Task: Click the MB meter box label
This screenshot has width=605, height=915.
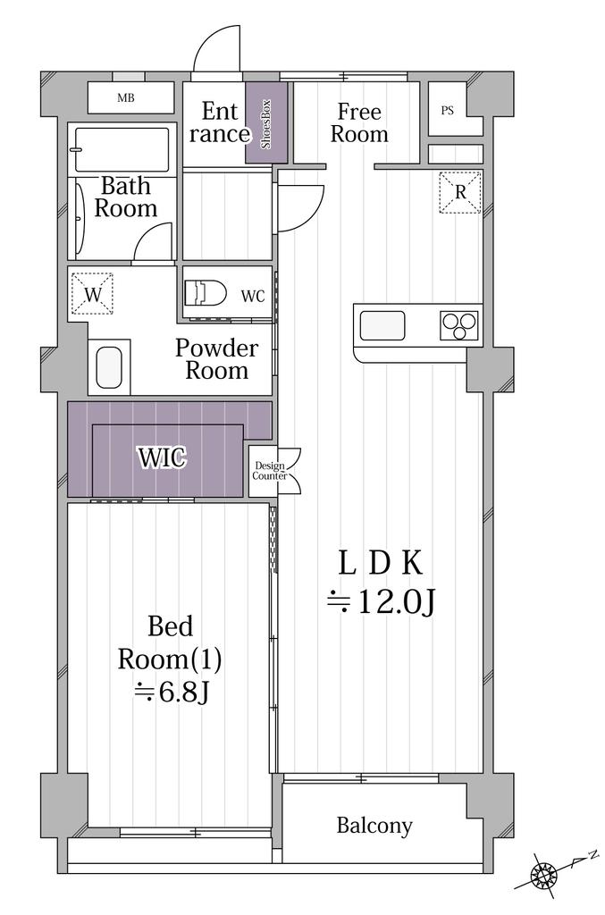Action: [125, 98]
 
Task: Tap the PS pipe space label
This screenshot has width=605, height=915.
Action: [448, 110]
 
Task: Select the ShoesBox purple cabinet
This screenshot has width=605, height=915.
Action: [266, 122]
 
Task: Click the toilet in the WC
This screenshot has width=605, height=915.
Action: [206, 292]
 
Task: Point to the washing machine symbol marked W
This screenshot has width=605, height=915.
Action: [92, 293]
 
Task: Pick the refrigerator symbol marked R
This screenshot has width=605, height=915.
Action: [459, 192]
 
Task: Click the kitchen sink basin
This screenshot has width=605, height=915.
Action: [382, 325]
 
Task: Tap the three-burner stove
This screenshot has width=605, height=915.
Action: [458, 325]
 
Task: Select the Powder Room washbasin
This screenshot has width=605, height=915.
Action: [109, 367]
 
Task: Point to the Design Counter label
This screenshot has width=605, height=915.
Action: [269, 471]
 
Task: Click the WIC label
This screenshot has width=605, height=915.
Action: [162, 457]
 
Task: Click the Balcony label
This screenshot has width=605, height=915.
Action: [374, 826]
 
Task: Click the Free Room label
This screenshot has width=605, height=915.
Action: [359, 122]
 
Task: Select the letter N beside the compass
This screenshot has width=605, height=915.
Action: [593, 855]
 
